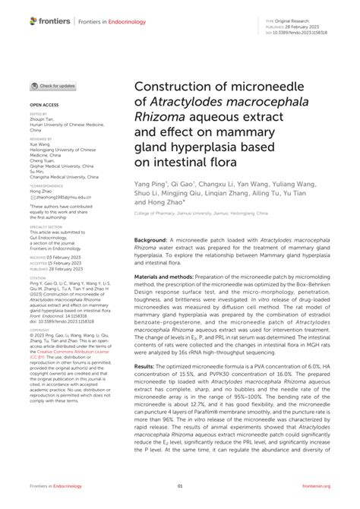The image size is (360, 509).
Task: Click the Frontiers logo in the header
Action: (49, 21)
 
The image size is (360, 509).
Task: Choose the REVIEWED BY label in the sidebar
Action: (42, 140)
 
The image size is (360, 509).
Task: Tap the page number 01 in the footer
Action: (180, 486)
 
